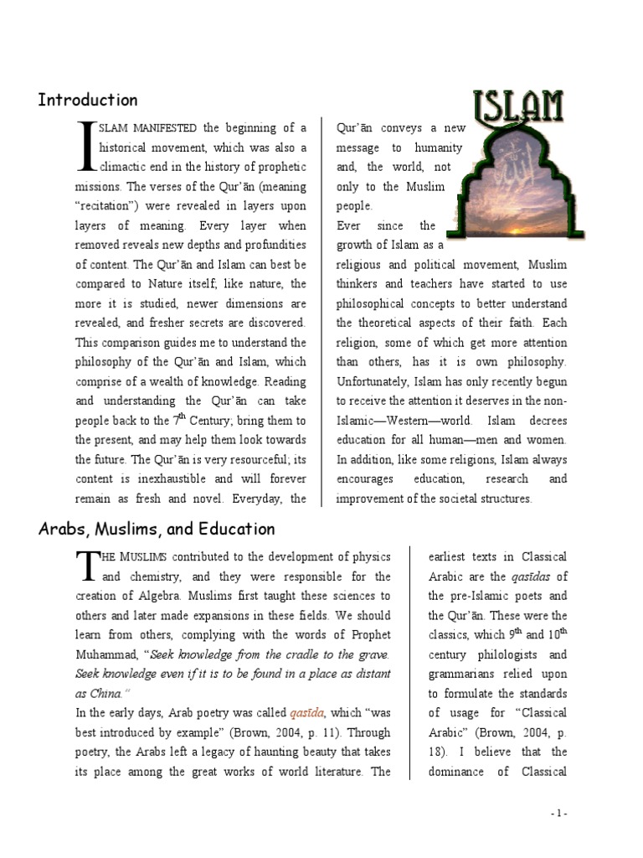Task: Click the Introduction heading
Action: [88, 101]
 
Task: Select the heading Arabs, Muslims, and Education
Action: [157, 530]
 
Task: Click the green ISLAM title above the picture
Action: [519, 106]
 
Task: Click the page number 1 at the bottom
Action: [559, 813]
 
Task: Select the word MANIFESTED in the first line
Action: [163, 128]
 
